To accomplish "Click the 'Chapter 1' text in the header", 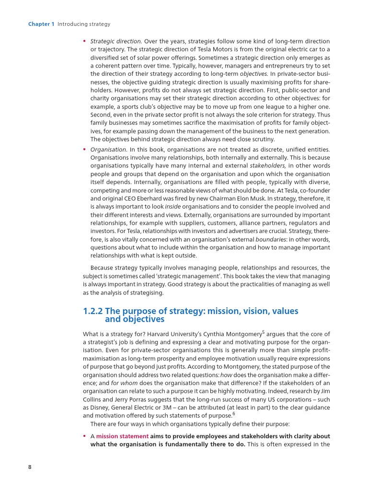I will pyautogui.click(x=41, y=24).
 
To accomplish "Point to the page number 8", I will pyautogui.click(x=30, y=468).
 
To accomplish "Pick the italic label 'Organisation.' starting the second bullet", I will pyautogui.click(x=108, y=149).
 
